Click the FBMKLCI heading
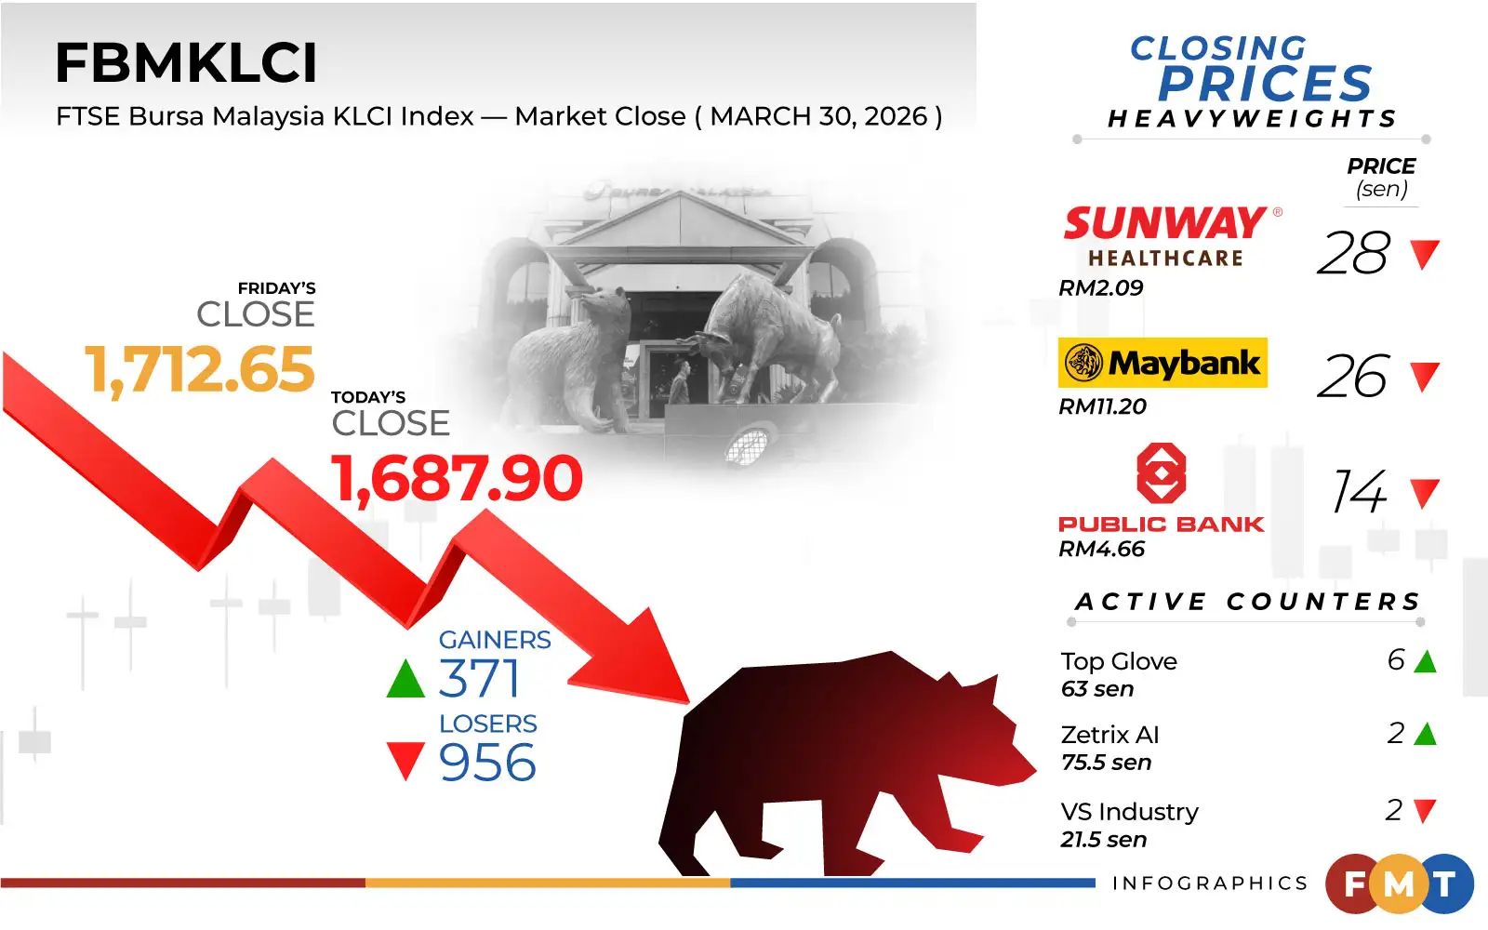(186, 63)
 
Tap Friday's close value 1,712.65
(200, 370)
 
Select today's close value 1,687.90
(458, 479)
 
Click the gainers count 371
(479, 679)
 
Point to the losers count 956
(487, 763)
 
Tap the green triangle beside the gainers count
(405, 679)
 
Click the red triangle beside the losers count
(405, 760)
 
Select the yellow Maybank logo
(1162, 363)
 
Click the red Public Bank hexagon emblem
(1162, 473)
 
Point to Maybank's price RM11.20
(1102, 406)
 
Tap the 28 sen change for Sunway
(1353, 254)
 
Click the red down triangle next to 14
(1424, 493)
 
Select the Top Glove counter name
(1119, 661)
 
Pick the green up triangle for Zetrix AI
(1425, 735)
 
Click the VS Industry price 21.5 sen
(1104, 840)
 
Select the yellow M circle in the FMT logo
(1399, 884)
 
